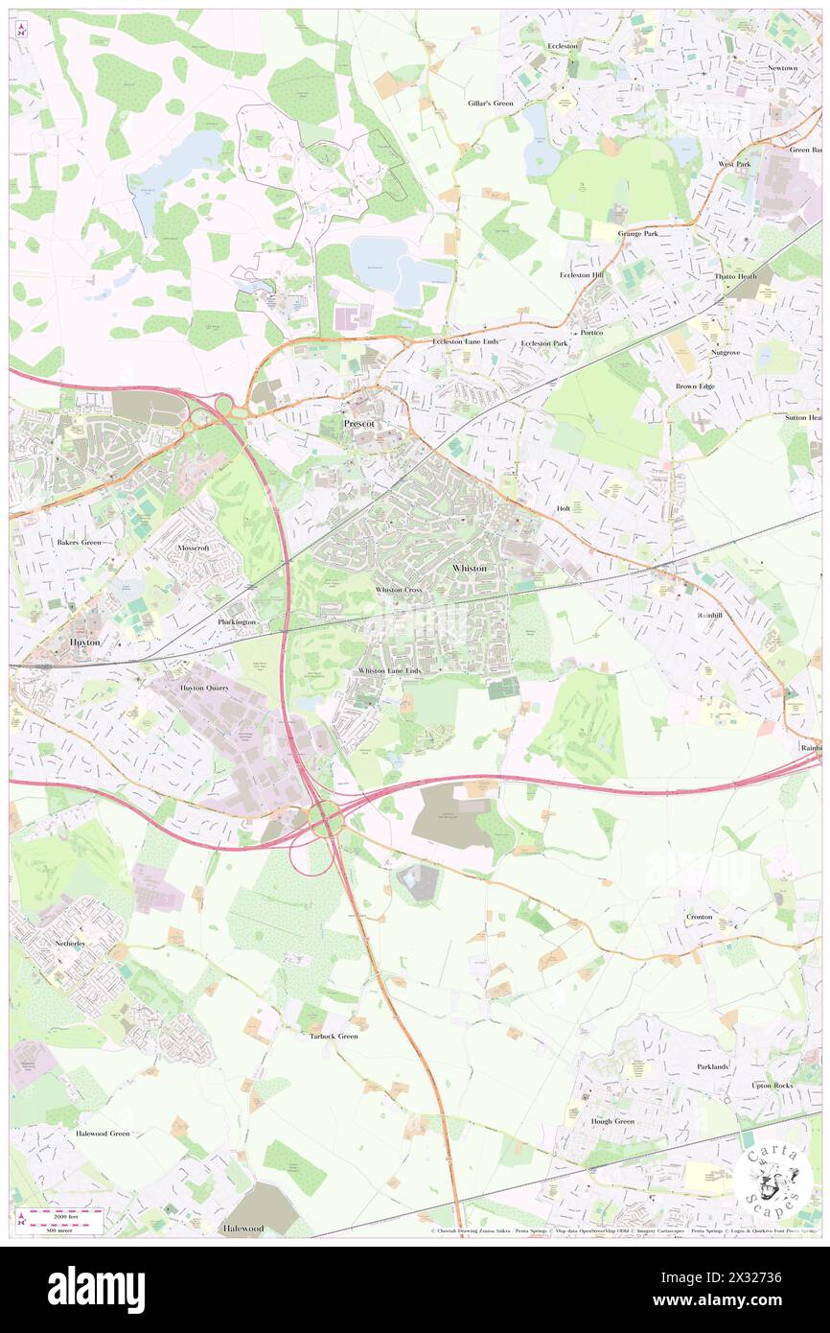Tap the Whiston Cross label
pyautogui.click(x=399, y=589)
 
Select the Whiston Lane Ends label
pyautogui.click(x=389, y=671)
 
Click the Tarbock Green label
pyautogui.click(x=333, y=1036)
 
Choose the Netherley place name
pyautogui.click(x=71, y=944)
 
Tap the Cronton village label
pyautogui.click(x=699, y=917)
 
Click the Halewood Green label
pyautogui.click(x=103, y=1133)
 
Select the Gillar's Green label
pyautogui.click(x=491, y=103)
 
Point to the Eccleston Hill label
pyautogui.click(x=582, y=275)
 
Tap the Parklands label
pyautogui.click(x=712, y=1066)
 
